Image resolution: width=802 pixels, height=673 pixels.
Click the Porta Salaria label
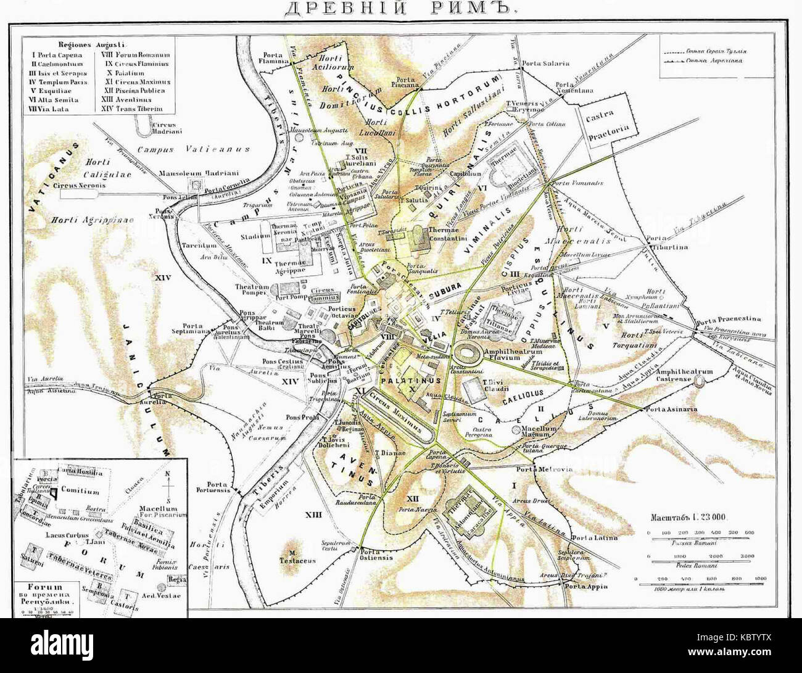[545, 63]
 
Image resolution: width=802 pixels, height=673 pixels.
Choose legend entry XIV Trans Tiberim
[136, 109]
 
